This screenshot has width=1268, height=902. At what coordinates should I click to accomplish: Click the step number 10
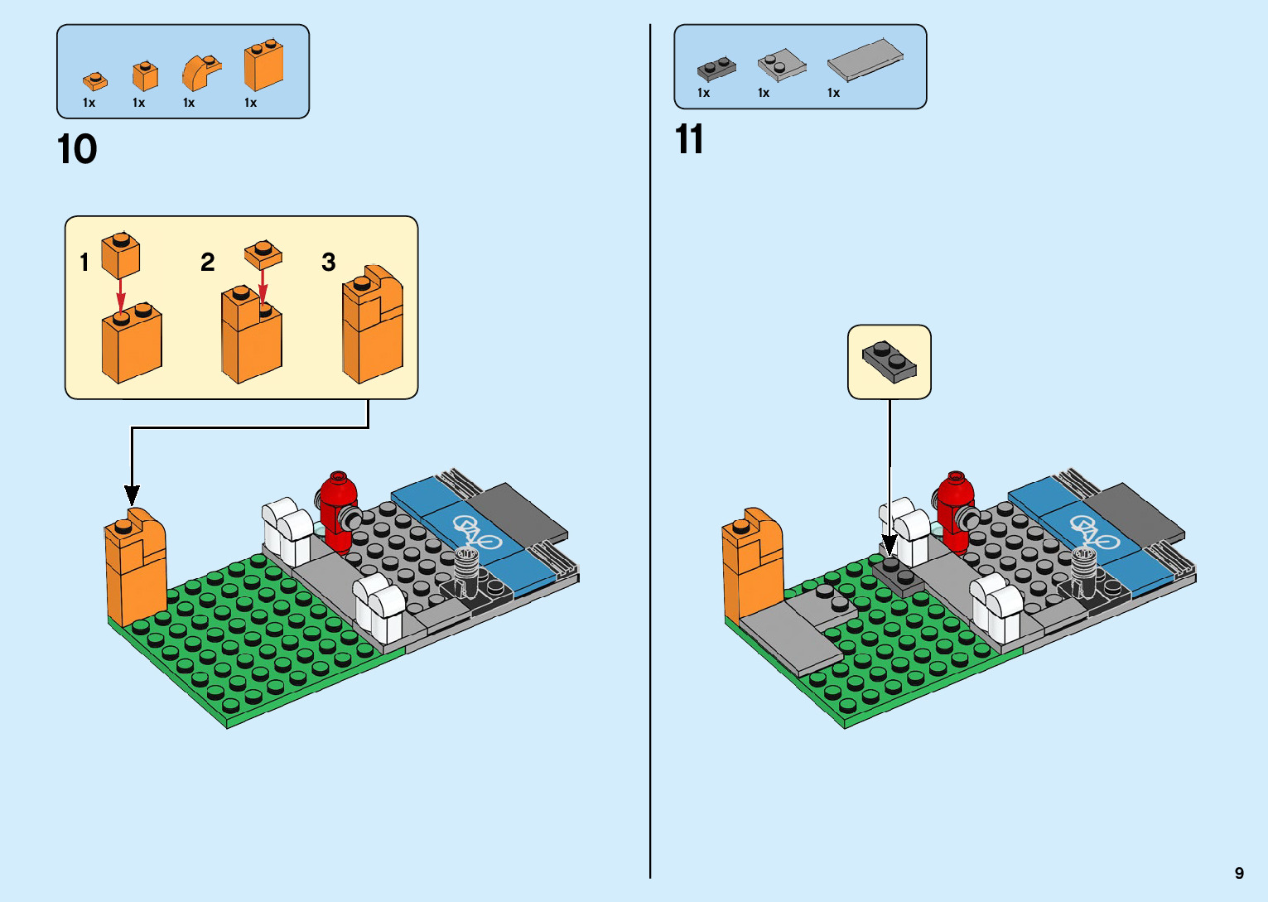[77, 150]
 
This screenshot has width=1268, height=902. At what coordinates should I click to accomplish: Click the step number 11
[689, 140]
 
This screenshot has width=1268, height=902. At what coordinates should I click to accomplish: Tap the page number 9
[1239, 873]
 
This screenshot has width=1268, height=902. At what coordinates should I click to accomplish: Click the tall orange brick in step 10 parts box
[263, 66]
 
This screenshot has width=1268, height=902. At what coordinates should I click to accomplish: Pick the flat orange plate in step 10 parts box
[94, 81]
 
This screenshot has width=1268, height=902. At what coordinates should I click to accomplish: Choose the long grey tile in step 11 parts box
[865, 60]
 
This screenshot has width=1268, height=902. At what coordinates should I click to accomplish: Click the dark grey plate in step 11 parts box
[716, 68]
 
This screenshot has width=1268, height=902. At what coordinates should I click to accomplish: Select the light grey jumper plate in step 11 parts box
[781, 65]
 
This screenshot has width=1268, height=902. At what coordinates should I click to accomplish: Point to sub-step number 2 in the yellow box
[207, 263]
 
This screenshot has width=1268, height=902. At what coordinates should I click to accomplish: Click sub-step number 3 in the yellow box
[328, 263]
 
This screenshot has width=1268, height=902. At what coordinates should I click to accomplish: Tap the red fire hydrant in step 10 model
[338, 511]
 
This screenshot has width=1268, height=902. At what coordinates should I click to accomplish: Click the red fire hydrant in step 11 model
[955, 511]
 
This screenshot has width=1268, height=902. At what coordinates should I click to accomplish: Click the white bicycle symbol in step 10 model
[476, 532]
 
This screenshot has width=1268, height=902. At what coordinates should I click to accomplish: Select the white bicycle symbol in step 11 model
[1094, 532]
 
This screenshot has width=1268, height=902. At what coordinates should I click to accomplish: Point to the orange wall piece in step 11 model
[752, 563]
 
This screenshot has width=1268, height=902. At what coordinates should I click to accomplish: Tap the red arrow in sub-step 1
[121, 292]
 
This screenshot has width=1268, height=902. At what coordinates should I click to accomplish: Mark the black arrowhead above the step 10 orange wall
[132, 494]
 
